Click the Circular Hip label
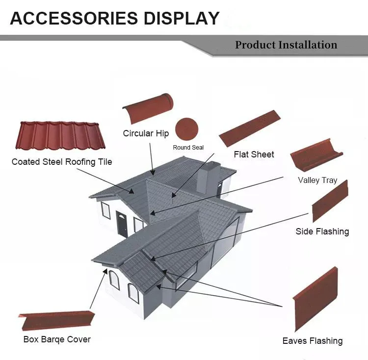pyautogui.click(x=146, y=133)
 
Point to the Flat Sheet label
pyautogui.click(x=254, y=154)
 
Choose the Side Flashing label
pyautogui.click(x=322, y=231)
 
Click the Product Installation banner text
pyautogui.click(x=286, y=45)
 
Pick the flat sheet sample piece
pyautogui.click(x=249, y=129)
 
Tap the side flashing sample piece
pyautogui.click(x=330, y=201)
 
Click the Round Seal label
pyautogui.click(x=188, y=147)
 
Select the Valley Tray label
pyautogui.click(x=317, y=180)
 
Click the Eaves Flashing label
pyautogui.click(x=312, y=341)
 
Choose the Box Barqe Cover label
pyautogui.click(x=57, y=339)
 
